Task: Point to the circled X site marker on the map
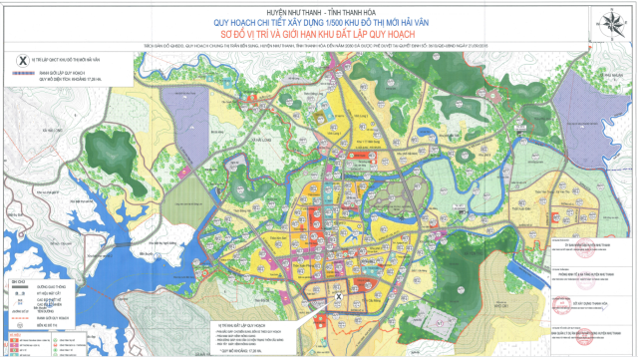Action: (337, 297)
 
